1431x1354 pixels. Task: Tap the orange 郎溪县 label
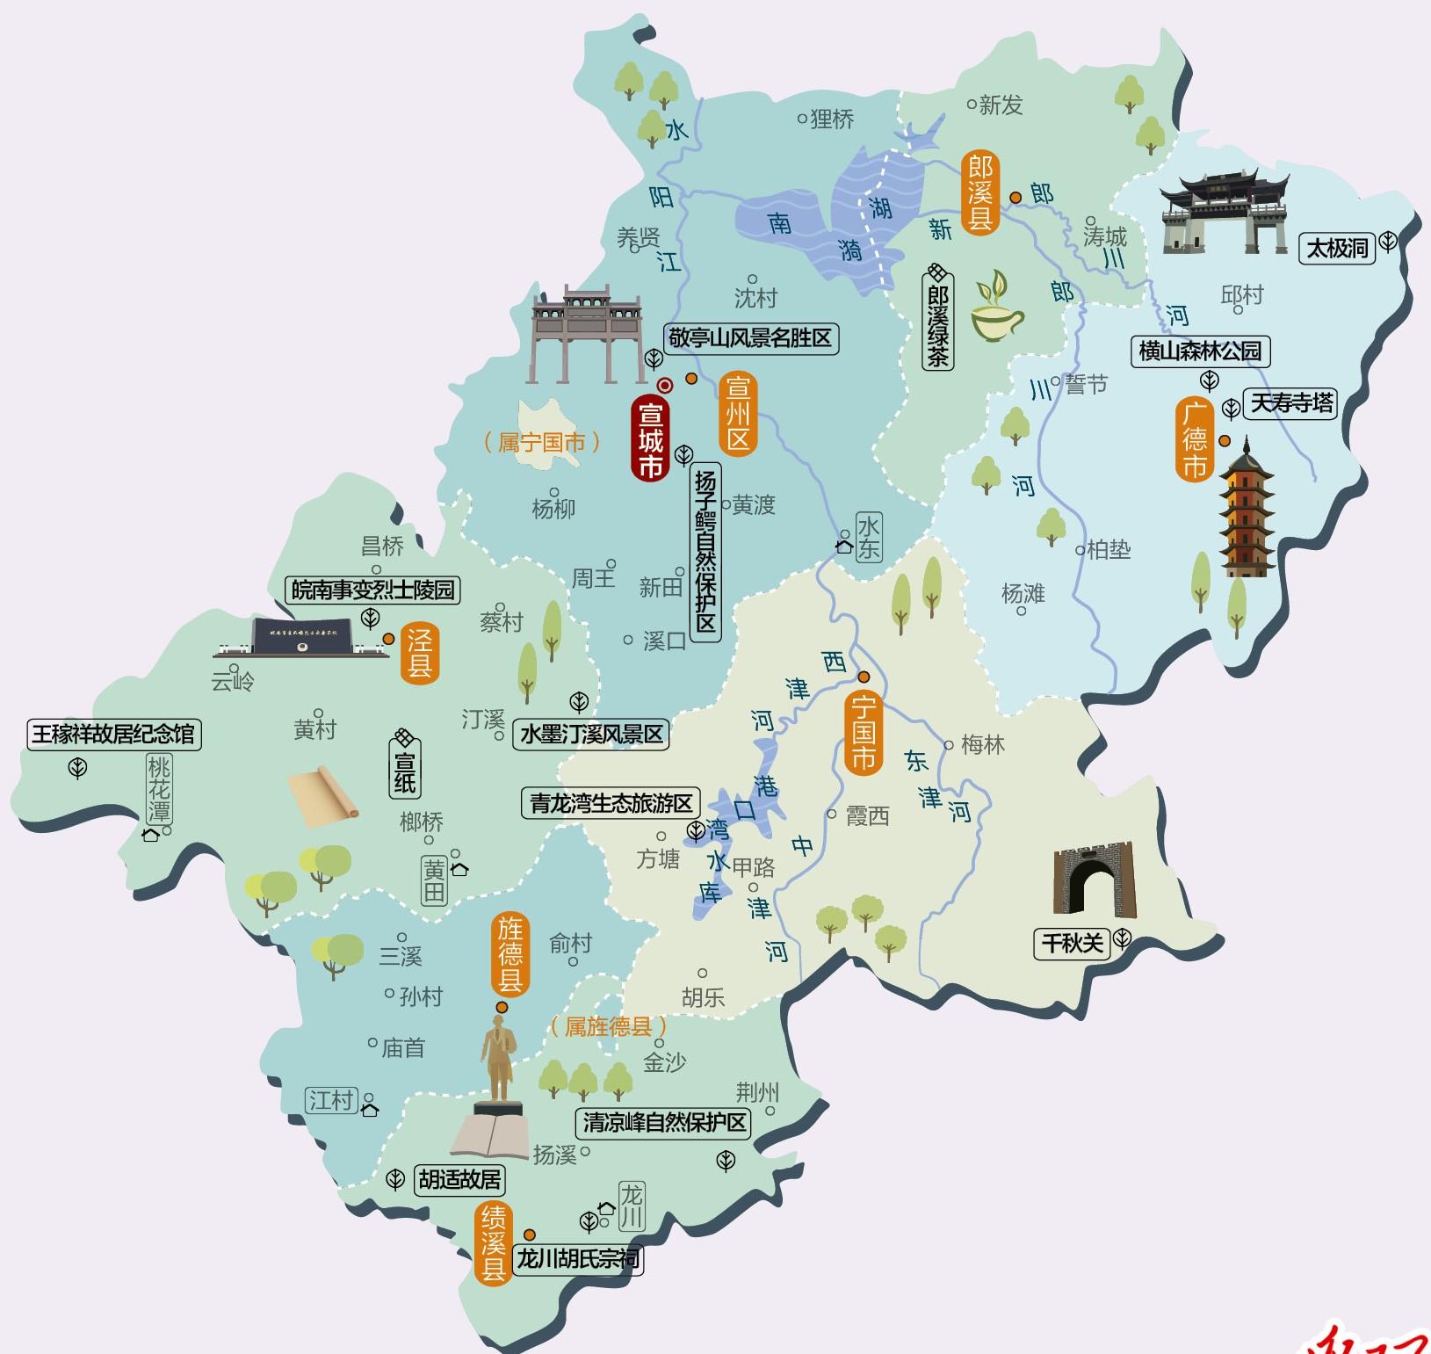coord(979,192)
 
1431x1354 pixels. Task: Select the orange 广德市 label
coord(1194,439)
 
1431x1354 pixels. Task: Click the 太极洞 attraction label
coord(1337,249)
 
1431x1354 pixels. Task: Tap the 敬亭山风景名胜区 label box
coord(749,338)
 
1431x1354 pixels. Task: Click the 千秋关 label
coord(1072,944)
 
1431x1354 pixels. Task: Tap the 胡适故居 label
coord(459,1179)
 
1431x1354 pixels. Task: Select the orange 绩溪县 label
coord(493,1243)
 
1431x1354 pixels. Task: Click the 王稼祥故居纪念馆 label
coord(113,734)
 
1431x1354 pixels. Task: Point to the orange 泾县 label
coord(420,653)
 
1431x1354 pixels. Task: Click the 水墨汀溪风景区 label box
coord(591,734)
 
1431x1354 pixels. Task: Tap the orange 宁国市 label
coord(863,732)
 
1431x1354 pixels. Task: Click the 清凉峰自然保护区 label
coord(664,1122)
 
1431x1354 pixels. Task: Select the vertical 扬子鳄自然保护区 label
coord(705,552)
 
